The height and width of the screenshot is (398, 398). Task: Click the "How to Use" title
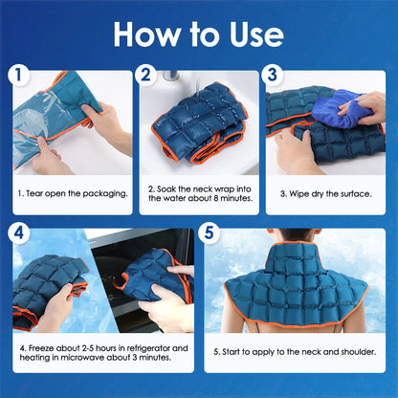[x=199, y=34]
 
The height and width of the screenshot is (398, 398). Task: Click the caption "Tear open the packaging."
[x=73, y=193]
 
